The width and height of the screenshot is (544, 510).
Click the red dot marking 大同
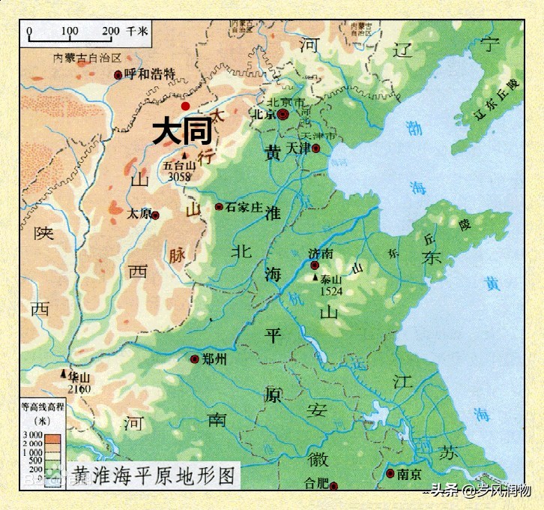(x=185, y=106)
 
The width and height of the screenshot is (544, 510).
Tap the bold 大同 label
(x=182, y=132)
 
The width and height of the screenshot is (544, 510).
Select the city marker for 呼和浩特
(x=118, y=74)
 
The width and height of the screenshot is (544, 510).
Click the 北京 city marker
(x=282, y=115)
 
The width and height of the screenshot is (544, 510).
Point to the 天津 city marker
(x=315, y=148)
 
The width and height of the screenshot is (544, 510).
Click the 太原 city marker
(x=155, y=215)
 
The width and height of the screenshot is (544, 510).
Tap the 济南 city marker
(x=315, y=265)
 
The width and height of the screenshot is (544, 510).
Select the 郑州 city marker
(x=195, y=359)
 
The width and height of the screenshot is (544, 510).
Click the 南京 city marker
(x=390, y=473)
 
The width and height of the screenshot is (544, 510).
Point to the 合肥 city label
(x=317, y=482)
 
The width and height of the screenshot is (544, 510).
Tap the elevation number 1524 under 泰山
(x=330, y=289)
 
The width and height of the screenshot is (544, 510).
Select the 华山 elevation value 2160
(x=79, y=389)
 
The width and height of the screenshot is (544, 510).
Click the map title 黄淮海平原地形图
(x=154, y=475)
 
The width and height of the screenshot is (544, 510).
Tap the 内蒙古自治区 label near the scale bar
(x=88, y=58)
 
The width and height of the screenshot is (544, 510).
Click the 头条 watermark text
(x=444, y=491)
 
